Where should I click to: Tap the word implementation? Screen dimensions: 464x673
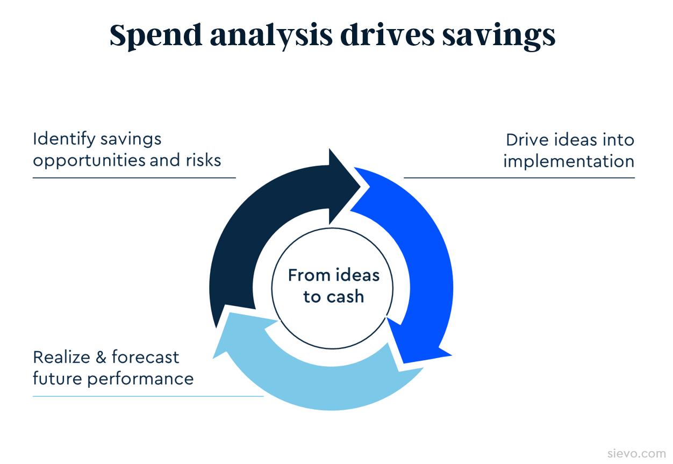click(x=569, y=161)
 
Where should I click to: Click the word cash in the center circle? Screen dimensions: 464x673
click(x=346, y=297)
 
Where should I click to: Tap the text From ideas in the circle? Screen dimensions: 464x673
click(x=333, y=275)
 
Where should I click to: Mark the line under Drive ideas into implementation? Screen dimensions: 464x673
click(x=519, y=178)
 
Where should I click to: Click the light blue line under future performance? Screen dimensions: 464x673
click(x=148, y=396)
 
